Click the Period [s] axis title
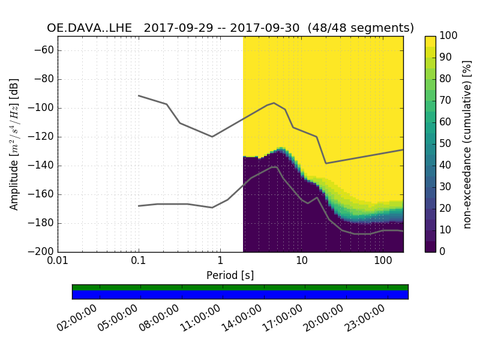(230, 275)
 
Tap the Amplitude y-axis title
(14, 144)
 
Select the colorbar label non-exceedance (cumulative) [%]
(469, 144)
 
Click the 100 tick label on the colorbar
(448, 36)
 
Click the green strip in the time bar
(240, 287)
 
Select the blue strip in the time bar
(240, 295)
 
